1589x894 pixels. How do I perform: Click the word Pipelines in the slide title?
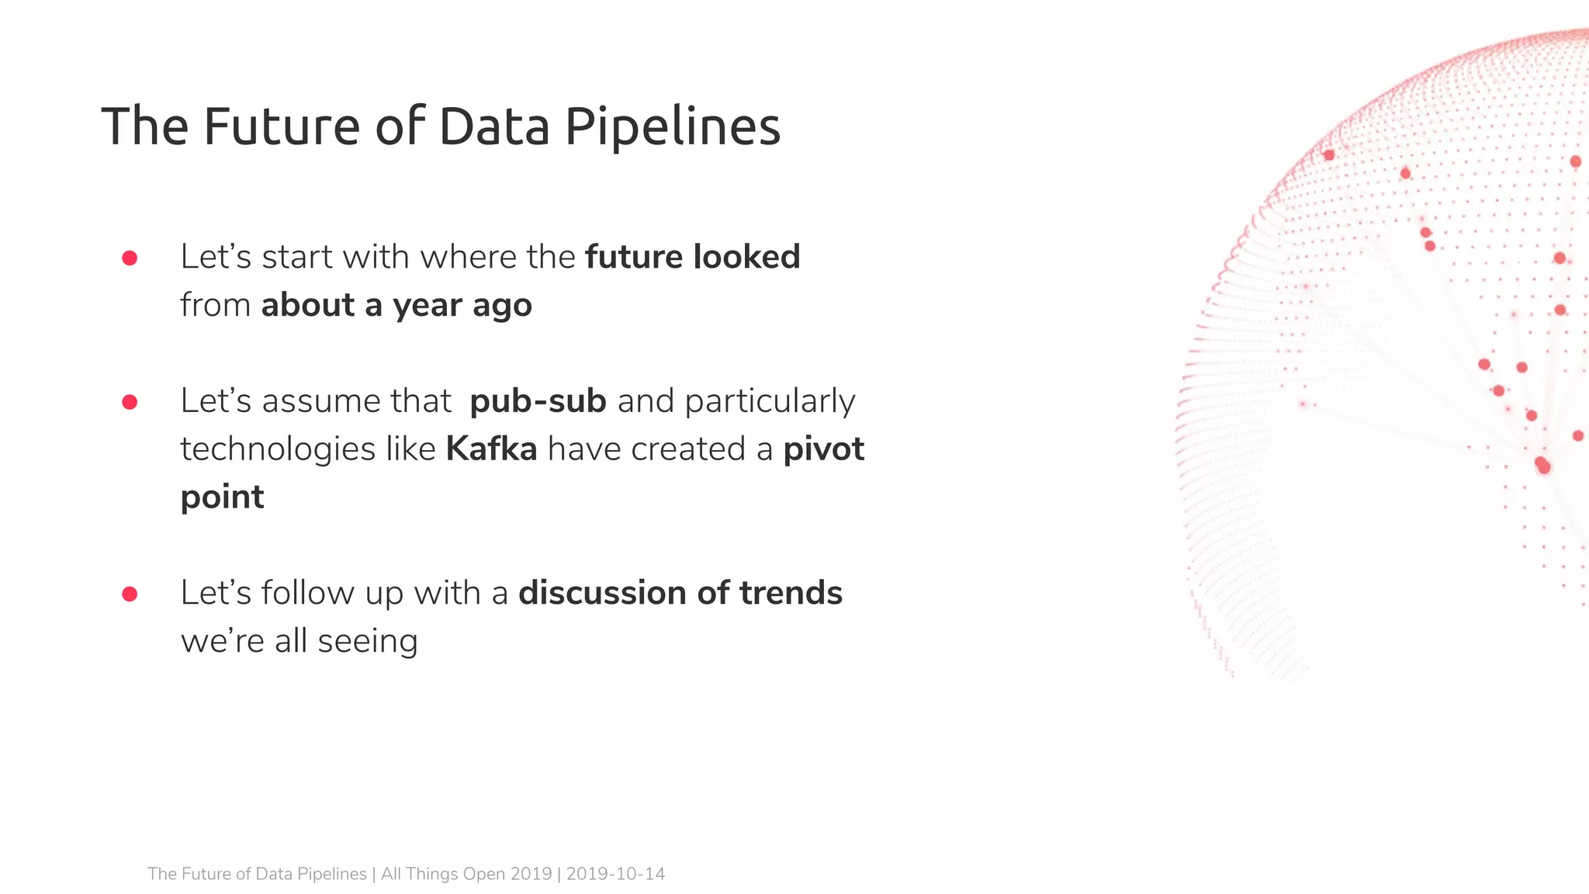(x=672, y=126)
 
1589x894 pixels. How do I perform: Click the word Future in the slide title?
(x=281, y=126)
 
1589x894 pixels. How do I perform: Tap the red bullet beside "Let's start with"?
(x=130, y=258)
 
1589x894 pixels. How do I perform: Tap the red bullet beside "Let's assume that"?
(x=130, y=402)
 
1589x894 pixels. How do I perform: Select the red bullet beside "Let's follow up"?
(x=130, y=594)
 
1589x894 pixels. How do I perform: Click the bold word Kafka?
(x=491, y=449)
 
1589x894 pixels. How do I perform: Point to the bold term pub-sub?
(x=538, y=402)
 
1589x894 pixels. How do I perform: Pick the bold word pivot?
(x=823, y=449)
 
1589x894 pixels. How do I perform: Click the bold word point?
(x=222, y=498)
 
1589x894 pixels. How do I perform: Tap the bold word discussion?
(x=602, y=593)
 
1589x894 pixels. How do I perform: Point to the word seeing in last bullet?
(x=367, y=642)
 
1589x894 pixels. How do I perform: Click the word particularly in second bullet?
(x=770, y=402)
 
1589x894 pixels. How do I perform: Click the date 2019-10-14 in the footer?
(x=615, y=874)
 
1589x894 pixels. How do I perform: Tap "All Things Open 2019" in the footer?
(x=466, y=874)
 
